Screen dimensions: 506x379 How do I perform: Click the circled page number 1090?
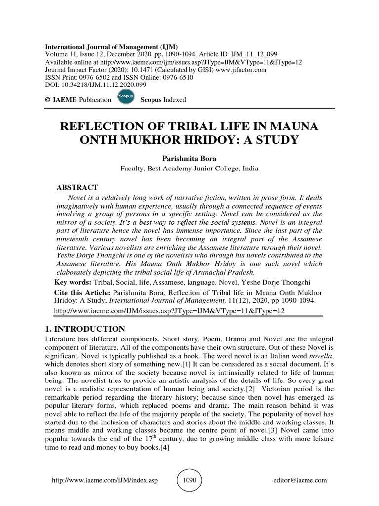[x=189, y=480]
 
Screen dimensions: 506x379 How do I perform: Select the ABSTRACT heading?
[x=77, y=187]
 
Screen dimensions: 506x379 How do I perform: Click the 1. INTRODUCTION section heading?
[x=85, y=329]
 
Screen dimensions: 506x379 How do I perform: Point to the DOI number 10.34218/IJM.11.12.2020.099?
[x=94, y=84]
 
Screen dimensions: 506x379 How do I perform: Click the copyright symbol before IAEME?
[x=48, y=100]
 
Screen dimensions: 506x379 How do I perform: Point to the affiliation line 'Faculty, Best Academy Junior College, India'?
[x=189, y=168]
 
